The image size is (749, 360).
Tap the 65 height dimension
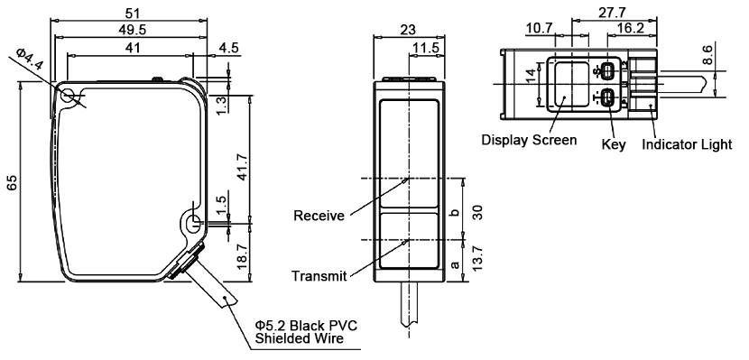pos(12,181)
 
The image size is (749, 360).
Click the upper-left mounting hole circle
pos(70,95)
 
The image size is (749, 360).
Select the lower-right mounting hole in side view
pos(192,219)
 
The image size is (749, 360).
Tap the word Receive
pos(319,216)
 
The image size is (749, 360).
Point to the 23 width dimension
pos(407,29)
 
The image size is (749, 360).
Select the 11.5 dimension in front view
pos(424,47)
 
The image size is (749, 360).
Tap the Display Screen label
pos(529,140)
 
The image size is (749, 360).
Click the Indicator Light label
pos(687,144)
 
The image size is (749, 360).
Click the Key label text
pos(613,144)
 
